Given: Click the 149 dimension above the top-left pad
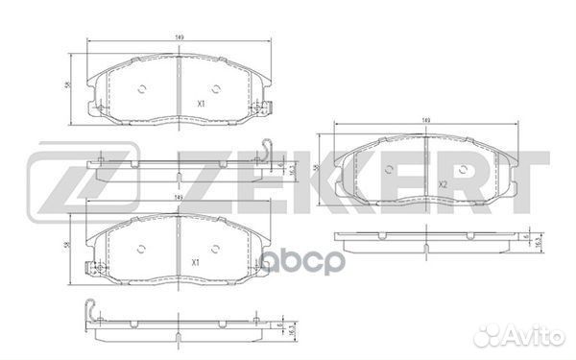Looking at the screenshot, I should click(180, 36).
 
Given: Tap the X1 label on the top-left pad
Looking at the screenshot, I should click(200, 103).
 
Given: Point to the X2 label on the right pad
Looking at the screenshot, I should click(444, 183).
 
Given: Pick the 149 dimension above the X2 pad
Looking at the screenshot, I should click(425, 121).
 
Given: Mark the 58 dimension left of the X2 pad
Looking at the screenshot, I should click(317, 168).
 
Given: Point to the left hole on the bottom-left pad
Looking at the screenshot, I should click(141, 249).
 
